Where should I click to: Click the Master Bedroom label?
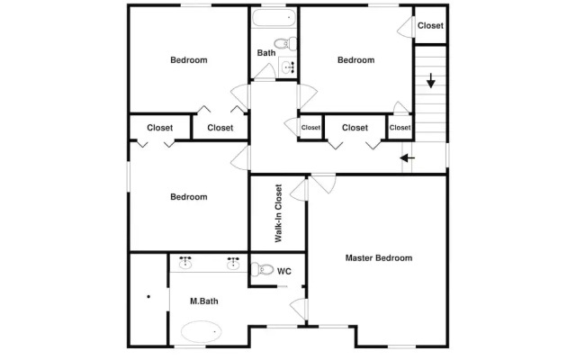[x=378, y=258]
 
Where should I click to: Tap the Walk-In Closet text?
[x=278, y=213]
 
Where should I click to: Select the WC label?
[x=284, y=272]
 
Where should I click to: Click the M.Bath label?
[x=204, y=301]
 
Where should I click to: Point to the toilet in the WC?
[x=262, y=269]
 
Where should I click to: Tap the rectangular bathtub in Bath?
[x=274, y=17]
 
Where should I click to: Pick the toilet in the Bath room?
[x=285, y=43]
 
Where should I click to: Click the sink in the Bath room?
[x=288, y=67]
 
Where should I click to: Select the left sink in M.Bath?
[x=185, y=262]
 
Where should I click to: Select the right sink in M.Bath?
[x=233, y=262]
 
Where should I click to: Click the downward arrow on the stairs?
[x=430, y=80]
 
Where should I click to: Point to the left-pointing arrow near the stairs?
[x=407, y=158]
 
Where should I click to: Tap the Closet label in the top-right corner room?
[x=430, y=26]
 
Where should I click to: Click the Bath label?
[x=266, y=53]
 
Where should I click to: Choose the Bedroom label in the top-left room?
[x=189, y=60]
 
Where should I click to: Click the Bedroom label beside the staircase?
[x=356, y=60]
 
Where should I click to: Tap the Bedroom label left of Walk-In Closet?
[x=189, y=197]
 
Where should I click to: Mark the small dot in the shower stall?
[x=148, y=296]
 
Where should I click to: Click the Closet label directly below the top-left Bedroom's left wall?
[x=160, y=128]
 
